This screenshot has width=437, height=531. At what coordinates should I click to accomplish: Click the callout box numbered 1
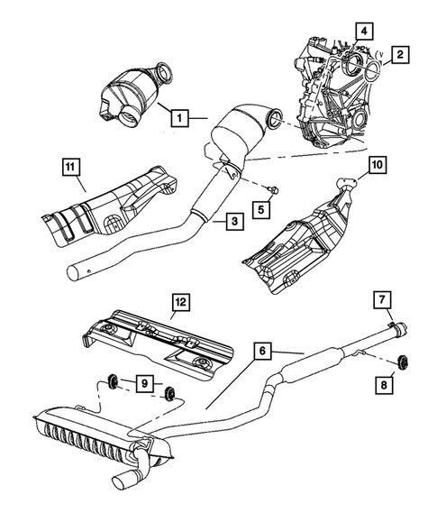pyautogui.click(x=179, y=116)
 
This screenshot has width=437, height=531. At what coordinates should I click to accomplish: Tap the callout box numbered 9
pyautogui.click(x=142, y=385)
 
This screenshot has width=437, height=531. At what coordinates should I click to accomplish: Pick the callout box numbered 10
pyautogui.click(x=377, y=164)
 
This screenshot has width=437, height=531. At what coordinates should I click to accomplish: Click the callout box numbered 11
pyautogui.click(x=70, y=166)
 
